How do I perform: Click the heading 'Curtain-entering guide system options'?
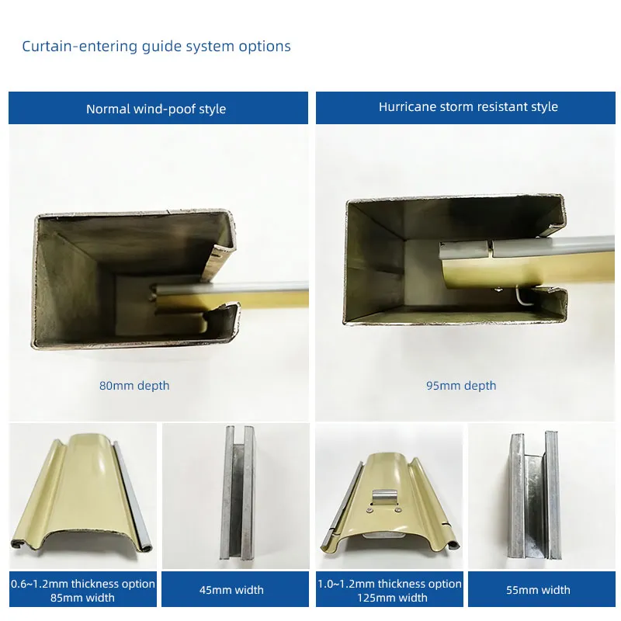coord(157,47)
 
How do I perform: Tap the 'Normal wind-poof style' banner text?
coord(156,109)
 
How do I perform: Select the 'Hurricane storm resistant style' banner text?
coord(468,107)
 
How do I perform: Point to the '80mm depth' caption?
coord(134,386)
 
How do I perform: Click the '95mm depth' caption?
coord(461,386)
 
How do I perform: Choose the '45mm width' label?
coord(231,590)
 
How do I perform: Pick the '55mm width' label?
coord(538,590)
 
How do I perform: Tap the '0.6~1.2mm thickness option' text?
coord(83,584)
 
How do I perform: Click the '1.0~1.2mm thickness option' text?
coord(390,584)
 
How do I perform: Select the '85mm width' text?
coord(82,598)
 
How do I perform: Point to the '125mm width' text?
coord(392,598)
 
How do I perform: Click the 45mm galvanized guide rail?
coord(238,493)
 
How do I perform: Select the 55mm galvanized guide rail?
coord(535,495)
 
